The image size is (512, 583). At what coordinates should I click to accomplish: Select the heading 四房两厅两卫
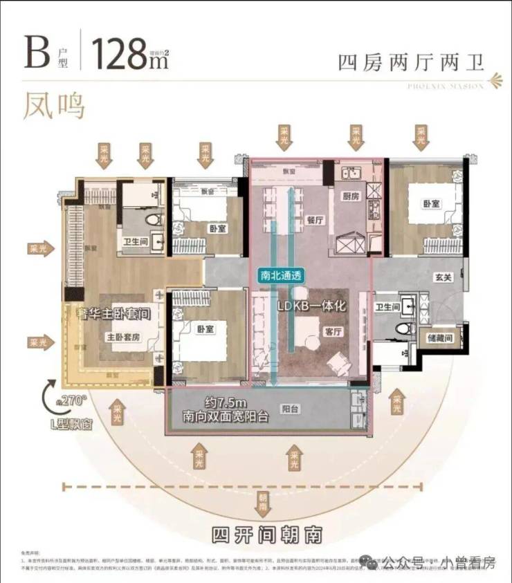pos(410,62)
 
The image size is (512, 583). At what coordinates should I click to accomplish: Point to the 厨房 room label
pos(351,196)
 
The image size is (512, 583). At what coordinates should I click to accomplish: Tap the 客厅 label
pos(333,331)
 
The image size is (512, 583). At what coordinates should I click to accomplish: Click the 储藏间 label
pos(439,339)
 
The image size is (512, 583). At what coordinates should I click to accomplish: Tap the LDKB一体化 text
pos(311,305)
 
